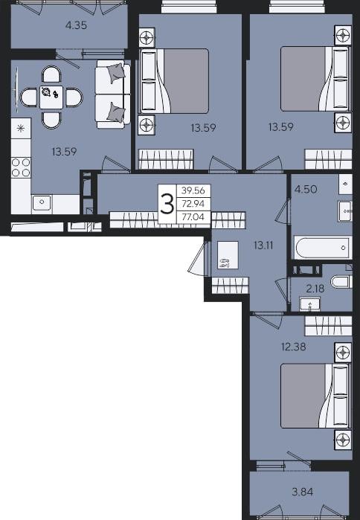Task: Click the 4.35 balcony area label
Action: (77, 25)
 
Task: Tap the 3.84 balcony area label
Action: (303, 492)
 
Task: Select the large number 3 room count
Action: (167, 205)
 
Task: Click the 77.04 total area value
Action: (193, 217)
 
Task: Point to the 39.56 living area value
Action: (193, 190)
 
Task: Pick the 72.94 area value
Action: (193, 204)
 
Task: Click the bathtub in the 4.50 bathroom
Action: (322, 248)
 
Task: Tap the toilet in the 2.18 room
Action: (342, 282)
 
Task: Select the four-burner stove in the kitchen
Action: (21, 167)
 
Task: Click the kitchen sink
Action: (42, 202)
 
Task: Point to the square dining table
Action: (51, 97)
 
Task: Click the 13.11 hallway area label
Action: (263, 245)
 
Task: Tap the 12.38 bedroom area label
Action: (293, 347)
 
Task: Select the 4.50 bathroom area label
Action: (306, 190)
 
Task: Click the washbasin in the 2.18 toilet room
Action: (310, 304)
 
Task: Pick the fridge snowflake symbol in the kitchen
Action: (21, 129)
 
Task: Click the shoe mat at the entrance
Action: (228, 255)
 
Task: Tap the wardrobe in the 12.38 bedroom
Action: (328, 326)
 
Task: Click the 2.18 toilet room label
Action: (315, 288)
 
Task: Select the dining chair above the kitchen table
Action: (51, 74)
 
